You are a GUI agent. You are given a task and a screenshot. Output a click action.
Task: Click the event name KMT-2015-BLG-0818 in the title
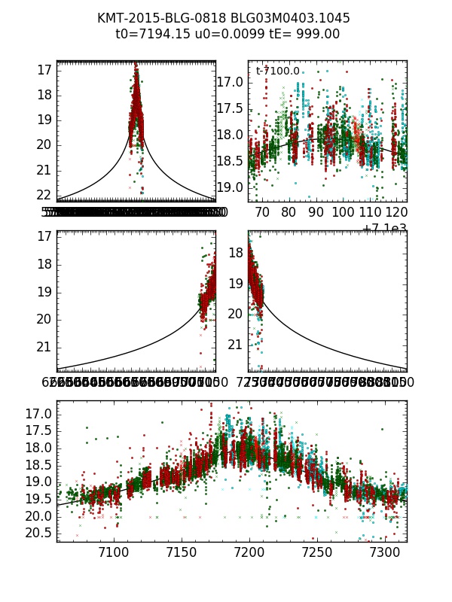[156, 18]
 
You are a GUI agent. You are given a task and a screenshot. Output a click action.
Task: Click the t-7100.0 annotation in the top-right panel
[277, 71]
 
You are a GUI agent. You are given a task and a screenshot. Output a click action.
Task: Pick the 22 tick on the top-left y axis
[44, 194]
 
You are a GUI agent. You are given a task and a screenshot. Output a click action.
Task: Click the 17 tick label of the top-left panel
[44, 70]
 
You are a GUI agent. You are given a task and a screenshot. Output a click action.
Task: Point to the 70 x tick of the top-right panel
[262, 213]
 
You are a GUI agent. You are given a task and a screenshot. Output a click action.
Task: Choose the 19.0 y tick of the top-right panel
[229, 187]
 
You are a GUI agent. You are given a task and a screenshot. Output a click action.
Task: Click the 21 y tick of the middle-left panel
[44, 347]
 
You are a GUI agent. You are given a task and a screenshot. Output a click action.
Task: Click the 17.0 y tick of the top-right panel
[229, 81]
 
